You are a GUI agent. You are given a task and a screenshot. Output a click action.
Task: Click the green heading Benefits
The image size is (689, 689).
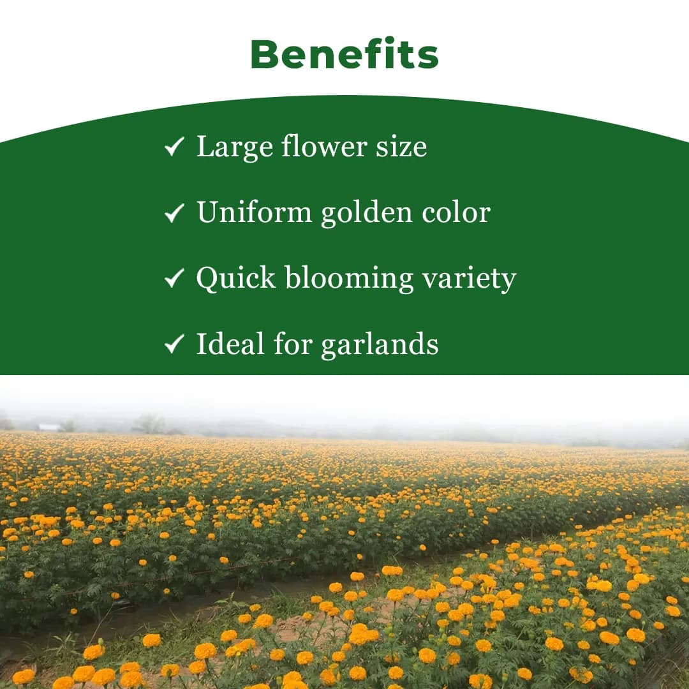coord(344,55)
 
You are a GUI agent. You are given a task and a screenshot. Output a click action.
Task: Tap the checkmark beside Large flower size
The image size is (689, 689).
coord(174,147)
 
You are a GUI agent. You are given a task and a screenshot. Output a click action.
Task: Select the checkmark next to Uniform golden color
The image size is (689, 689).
coord(174,213)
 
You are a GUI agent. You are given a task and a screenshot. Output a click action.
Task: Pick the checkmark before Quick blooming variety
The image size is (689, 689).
coord(174,279)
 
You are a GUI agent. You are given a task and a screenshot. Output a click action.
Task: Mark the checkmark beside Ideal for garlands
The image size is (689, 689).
coord(174,344)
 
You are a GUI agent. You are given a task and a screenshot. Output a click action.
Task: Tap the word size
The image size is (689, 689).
coord(402,147)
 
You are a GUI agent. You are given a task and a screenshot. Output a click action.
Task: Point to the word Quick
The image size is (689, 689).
coord(235,279)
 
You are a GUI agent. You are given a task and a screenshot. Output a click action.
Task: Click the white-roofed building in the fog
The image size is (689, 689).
coord(48,427)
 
